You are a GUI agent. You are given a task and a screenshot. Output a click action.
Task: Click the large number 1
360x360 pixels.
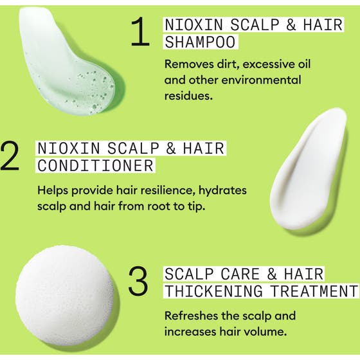(139, 33)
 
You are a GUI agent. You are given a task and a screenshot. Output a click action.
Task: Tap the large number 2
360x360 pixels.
(11, 156)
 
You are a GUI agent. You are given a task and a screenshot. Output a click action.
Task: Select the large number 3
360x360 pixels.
(138, 282)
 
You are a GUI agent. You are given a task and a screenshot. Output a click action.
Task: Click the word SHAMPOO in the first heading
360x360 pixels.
(200, 42)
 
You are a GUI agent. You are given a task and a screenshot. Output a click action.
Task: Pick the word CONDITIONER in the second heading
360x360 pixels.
(95, 165)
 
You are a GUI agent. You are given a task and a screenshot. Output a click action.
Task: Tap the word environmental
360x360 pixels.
(256, 80)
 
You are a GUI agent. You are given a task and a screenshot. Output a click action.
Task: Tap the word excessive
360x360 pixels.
(263, 64)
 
